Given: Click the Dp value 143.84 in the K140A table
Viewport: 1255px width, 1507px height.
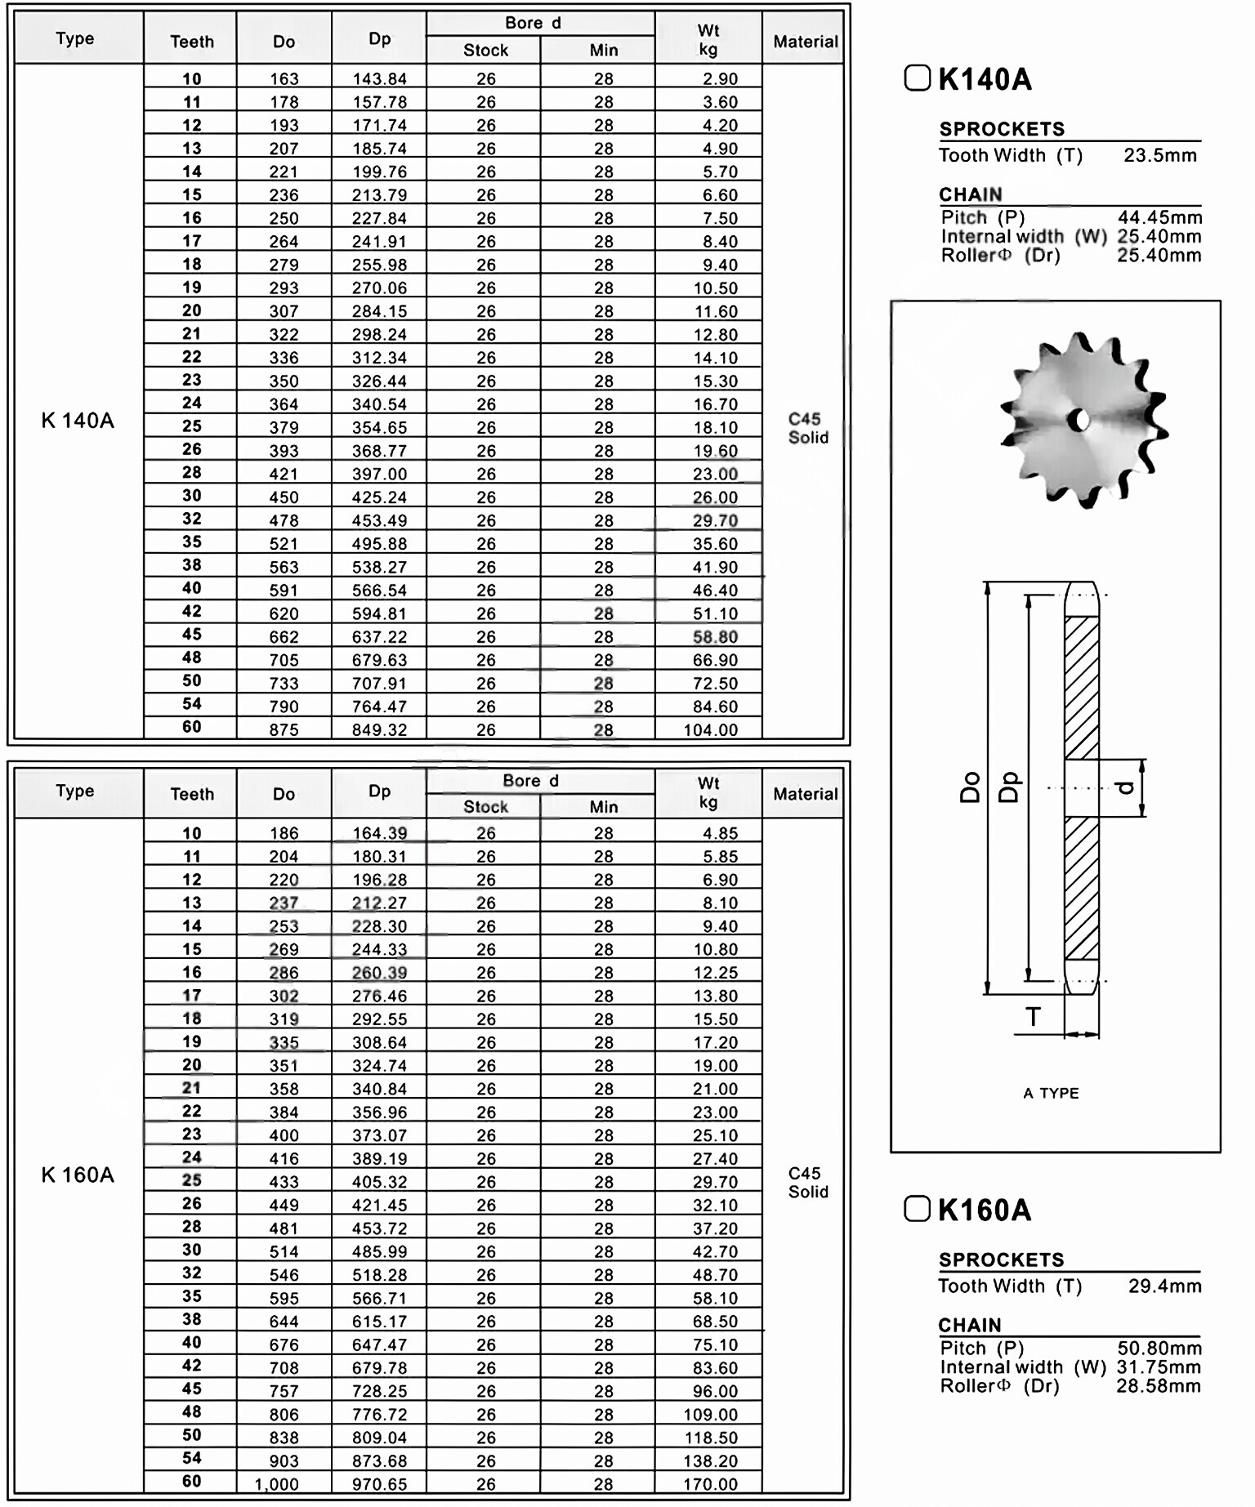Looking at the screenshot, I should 379,79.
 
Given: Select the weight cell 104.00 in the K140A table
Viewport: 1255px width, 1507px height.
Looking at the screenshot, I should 710,730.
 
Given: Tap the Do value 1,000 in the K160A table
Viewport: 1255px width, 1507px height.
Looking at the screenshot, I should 276,1484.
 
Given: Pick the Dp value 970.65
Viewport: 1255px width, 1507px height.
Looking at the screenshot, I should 379,1484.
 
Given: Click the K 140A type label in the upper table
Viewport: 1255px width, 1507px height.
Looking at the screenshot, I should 78,421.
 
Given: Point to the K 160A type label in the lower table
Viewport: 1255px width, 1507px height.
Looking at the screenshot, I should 78,1175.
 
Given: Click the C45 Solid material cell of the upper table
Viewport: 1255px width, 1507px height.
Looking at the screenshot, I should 807,428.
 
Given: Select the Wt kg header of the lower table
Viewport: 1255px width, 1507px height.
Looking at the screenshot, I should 708,792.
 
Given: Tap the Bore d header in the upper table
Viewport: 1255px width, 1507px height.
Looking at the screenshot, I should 533,23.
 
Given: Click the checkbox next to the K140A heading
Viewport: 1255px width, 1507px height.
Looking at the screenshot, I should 917,78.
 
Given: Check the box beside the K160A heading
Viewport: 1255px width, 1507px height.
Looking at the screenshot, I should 917,1209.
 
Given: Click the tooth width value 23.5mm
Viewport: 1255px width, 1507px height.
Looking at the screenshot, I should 1159,155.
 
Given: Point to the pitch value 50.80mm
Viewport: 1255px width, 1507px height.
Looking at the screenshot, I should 1159,1348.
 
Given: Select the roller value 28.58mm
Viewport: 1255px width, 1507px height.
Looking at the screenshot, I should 1159,1386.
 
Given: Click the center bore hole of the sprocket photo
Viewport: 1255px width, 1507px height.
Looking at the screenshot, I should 1081,421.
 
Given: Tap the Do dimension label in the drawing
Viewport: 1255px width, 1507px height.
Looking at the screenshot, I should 970,788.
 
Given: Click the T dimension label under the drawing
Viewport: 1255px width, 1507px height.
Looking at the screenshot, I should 1033,1018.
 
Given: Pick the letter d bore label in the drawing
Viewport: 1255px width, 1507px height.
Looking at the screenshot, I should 1125,787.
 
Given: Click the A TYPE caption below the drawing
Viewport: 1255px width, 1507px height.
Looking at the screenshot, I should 1051,1093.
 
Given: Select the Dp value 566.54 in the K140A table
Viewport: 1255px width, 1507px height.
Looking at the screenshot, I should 379,591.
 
